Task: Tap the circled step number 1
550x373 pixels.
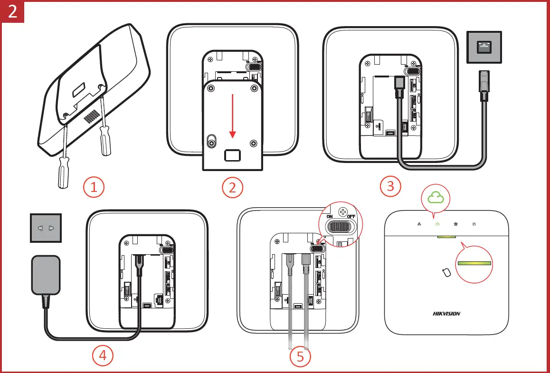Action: (x=94, y=187)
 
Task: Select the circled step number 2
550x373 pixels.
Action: (x=232, y=187)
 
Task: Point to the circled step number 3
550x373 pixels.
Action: (x=390, y=186)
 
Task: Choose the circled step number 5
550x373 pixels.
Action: (x=300, y=356)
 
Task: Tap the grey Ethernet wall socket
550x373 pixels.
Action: (x=484, y=47)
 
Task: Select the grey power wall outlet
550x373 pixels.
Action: (x=46, y=228)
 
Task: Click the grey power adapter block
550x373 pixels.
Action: (x=46, y=275)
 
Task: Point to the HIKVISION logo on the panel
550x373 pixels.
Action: (x=446, y=314)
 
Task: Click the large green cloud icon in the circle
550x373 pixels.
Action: (x=436, y=197)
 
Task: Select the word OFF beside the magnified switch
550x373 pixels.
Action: (x=351, y=217)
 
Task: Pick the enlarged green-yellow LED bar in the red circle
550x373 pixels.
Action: (x=474, y=263)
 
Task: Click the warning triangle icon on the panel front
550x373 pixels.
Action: (x=419, y=223)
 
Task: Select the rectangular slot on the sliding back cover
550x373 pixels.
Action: (x=232, y=154)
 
